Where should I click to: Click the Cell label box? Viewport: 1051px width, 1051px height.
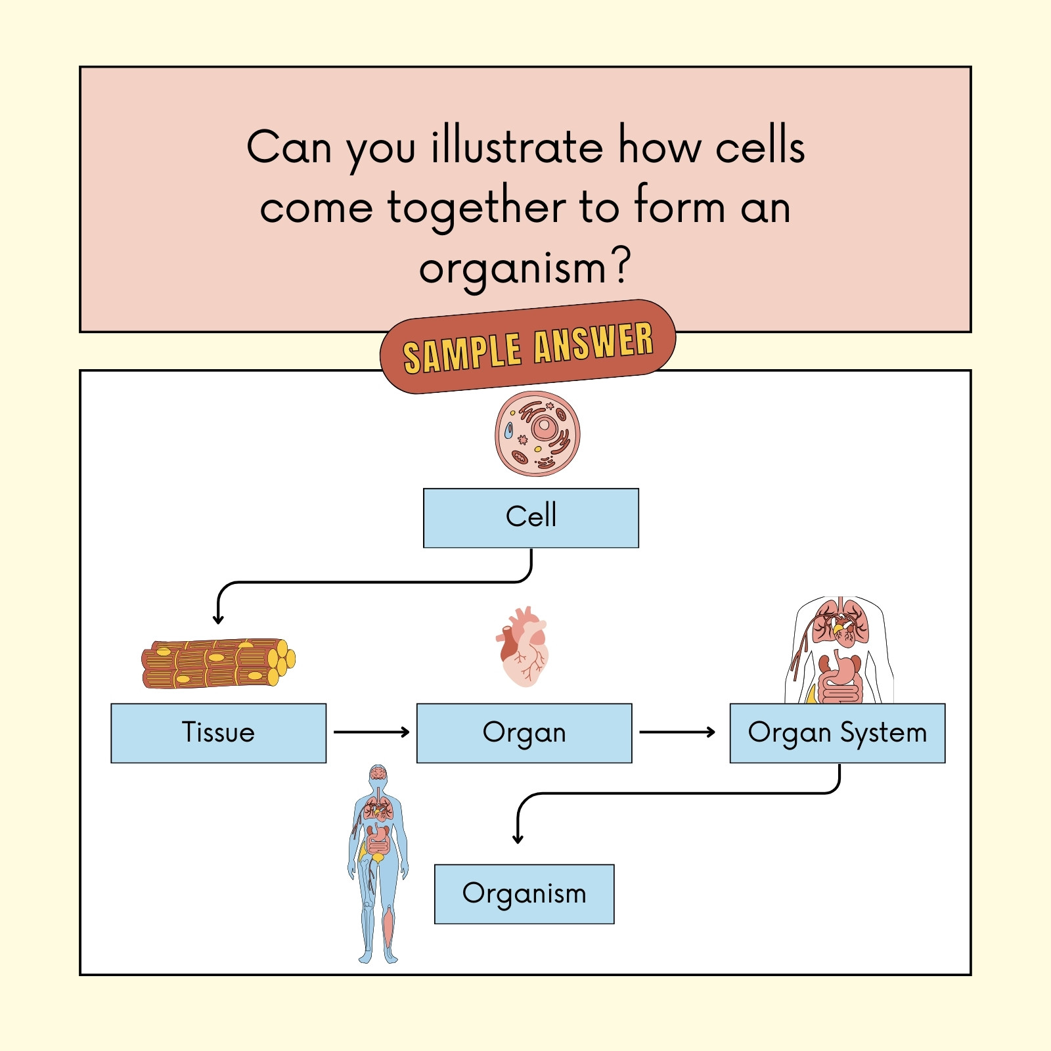coord(531,518)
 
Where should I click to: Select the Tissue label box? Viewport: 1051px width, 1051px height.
coord(218,733)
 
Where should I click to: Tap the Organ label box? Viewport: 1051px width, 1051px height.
coord(524,733)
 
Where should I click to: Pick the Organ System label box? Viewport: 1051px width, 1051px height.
coord(838,733)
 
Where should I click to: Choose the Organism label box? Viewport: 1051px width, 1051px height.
coord(524,894)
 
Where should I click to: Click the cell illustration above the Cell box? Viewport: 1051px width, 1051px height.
coord(537,434)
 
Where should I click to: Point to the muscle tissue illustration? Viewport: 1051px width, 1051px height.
coord(218,663)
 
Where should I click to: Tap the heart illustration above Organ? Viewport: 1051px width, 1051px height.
coord(522,647)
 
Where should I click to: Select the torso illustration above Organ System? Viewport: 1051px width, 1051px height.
coord(839,650)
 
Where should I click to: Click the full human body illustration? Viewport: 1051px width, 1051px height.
coord(378,864)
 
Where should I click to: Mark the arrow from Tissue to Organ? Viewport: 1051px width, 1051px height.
coord(371,732)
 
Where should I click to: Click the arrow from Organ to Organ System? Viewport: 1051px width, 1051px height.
coord(677,732)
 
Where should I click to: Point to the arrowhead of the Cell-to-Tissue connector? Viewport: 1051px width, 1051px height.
coord(218,619)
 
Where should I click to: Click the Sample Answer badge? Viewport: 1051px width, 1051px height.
coord(527,347)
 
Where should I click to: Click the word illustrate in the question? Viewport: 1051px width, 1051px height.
coord(517,146)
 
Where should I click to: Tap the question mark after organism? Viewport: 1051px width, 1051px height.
coord(621,265)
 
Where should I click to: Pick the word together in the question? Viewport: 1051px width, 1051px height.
coord(476,208)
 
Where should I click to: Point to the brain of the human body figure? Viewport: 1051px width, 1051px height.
coord(378,772)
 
